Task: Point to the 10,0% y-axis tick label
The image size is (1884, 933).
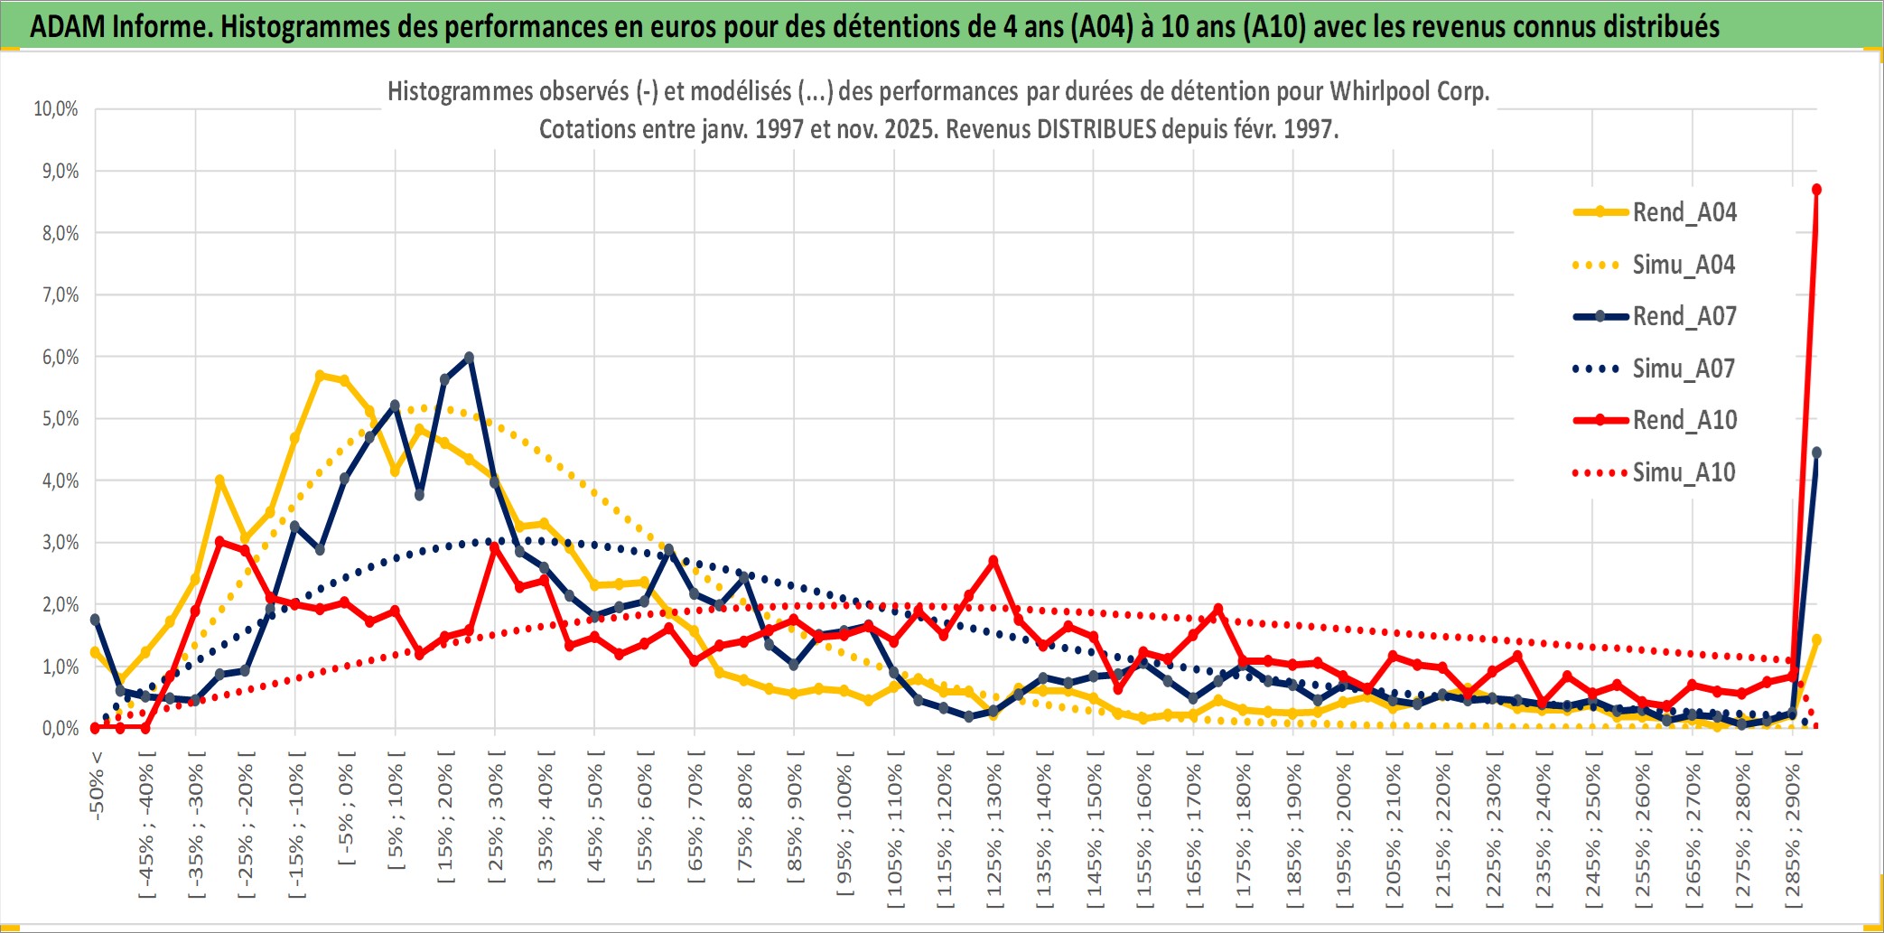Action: pyautogui.click(x=56, y=109)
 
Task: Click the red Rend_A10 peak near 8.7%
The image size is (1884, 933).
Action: pyautogui.click(x=1816, y=190)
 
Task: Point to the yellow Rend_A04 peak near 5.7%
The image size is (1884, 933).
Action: pyautogui.click(x=320, y=375)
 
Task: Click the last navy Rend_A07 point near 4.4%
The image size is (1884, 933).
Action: pyautogui.click(x=1816, y=453)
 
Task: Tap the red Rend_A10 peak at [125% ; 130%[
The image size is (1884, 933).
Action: pyautogui.click(x=993, y=561)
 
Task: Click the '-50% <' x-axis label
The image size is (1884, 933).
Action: pyautogui.click(x=97, y=785)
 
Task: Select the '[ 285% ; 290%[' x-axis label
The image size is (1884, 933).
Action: pyautogui.click(x=1793, y=831)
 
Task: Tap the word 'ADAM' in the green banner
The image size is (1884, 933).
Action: pyautogui.click(x=68, y=26)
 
